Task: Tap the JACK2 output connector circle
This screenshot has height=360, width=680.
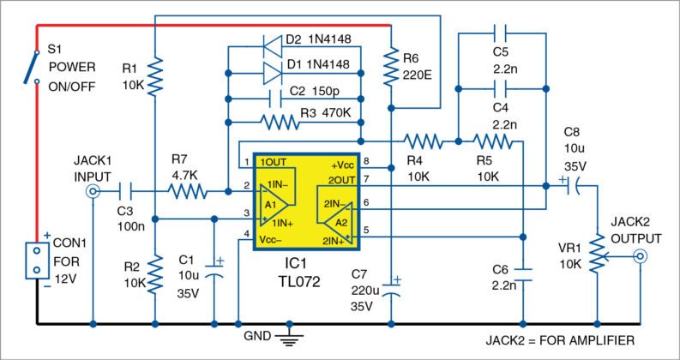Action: [640, 256]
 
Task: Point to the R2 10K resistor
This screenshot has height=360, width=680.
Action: [154, 275]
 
